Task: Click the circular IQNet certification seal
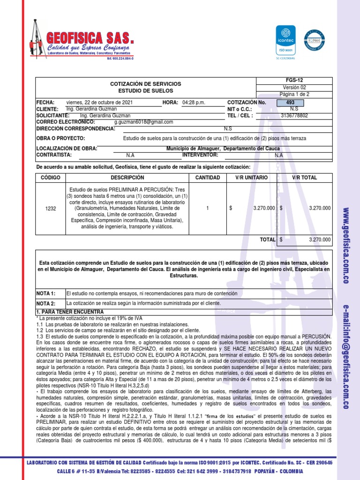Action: [315, 41]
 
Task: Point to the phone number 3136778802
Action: [294, 115]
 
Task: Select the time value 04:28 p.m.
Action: [194, 103]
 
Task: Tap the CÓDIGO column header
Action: [51, 178]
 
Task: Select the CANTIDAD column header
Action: [207, 178]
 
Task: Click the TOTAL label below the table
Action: [268, 240]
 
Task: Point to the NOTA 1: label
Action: [46, 293]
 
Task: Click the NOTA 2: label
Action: [46, 303]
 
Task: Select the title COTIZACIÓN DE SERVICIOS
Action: [145, 83]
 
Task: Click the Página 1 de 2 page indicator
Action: [294, 94]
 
